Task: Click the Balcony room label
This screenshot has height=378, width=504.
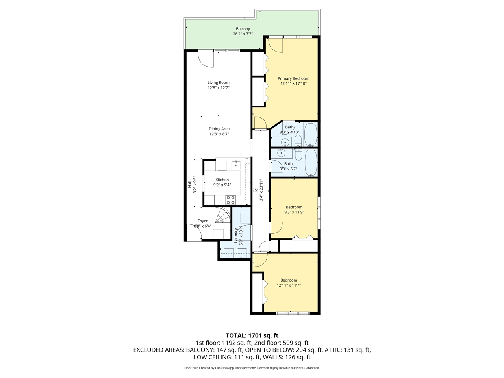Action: click(243, 29)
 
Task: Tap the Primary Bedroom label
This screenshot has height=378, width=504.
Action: click(293, 78)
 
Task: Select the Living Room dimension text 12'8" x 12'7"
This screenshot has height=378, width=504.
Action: click(219, 88)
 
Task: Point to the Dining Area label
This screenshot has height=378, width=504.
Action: click(219, 129)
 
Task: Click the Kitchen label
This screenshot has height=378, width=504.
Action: click(222, 180)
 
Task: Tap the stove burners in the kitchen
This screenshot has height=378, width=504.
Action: click(230, 200)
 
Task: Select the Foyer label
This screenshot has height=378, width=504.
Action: click(202, 221)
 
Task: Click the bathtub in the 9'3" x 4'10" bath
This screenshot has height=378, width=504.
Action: click(311, 134)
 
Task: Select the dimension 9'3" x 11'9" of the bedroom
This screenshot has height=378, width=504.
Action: click(294, 212)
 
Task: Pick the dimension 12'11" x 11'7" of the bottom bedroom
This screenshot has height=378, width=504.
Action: click(289, 285)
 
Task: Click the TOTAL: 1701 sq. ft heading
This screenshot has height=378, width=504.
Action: click(252, 335)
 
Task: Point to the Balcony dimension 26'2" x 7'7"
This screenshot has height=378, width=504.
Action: click(243, 34)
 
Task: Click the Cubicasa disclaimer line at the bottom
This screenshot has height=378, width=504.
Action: click(252, 368)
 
